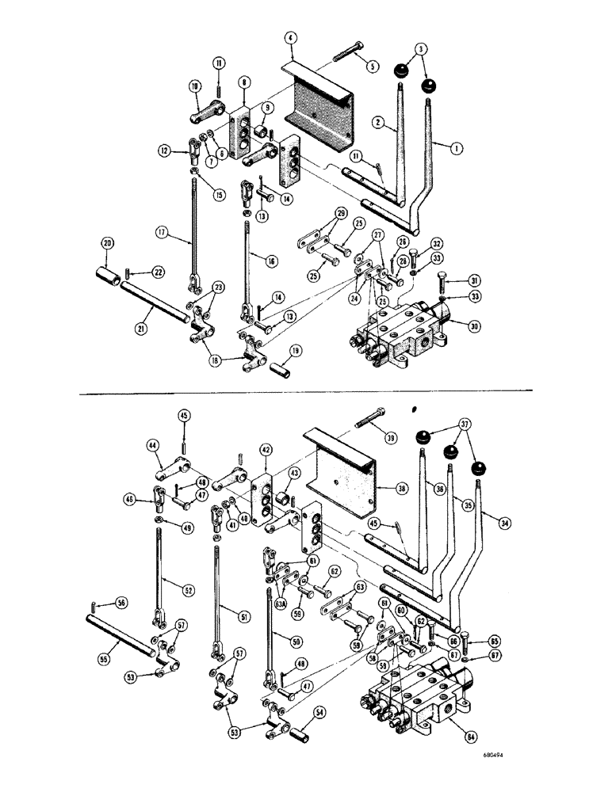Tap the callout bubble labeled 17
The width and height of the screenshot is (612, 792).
(x=163, y=233)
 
